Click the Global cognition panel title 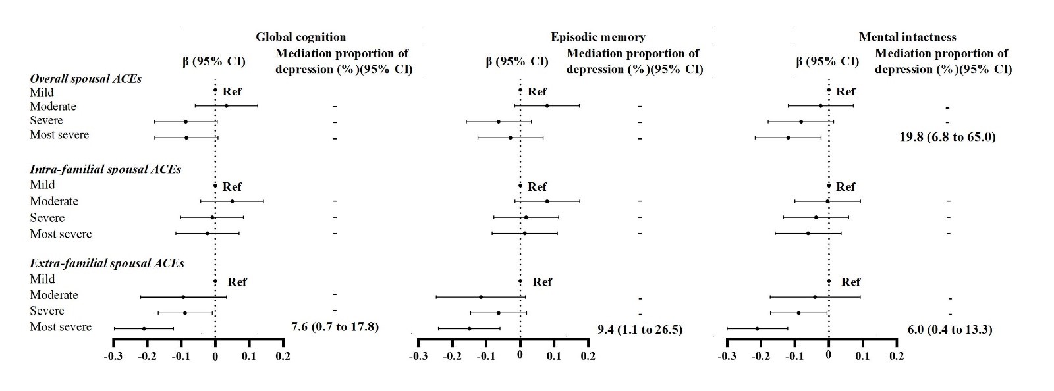(300, 37)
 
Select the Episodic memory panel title (598, 37)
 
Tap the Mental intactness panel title (907, 37)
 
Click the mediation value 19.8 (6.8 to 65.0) (947, 137)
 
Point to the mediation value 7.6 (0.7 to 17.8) (335, 326)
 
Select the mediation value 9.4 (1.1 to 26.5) (640, 329)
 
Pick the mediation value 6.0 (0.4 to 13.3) (945, 329)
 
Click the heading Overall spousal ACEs (86, 78)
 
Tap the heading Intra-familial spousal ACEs (105, 169)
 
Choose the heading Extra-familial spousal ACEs (107, 263)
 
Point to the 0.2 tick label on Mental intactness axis (897, 356)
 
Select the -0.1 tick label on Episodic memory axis (486, 356)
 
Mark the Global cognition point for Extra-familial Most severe (144, 328)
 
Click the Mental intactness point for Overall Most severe (788, 138)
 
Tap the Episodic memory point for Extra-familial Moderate (481, 297)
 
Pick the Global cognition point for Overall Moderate (226, 105)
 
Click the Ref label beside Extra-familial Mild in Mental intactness (850, 282)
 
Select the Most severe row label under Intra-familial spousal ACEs (61, 234)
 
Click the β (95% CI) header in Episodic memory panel (517, 62)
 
